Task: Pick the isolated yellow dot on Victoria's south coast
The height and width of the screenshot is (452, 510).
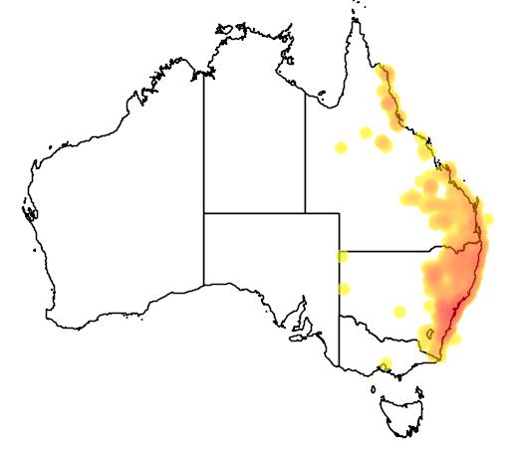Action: [385, 364]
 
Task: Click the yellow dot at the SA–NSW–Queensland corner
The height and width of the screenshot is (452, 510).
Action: [342, 256]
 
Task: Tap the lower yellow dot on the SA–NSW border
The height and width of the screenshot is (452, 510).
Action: [344, 289]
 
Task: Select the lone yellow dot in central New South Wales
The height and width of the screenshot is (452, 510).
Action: [399, 312]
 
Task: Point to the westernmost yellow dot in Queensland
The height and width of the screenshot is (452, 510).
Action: [341, 147]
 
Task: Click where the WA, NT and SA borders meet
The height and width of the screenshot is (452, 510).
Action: [204, 213]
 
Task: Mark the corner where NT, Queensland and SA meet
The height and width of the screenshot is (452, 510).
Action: [305, 213]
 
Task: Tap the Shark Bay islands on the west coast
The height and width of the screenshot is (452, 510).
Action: [29, 211]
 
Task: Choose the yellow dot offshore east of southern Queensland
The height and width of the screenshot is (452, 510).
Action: [487, 219]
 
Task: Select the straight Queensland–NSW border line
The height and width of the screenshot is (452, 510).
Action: [388, 251]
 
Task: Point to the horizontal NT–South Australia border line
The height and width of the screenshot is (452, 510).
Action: [254, 213]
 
